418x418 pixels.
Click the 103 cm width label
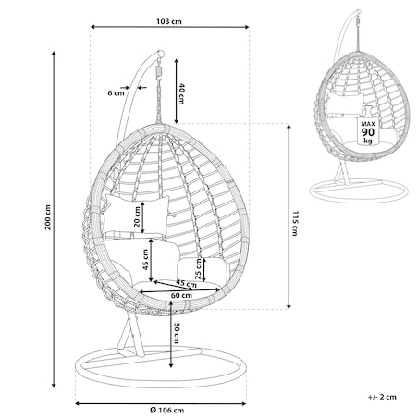169,21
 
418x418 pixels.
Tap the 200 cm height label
48,217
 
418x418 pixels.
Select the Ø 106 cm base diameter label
167,411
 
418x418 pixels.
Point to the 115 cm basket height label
295,224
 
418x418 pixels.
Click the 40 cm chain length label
181,94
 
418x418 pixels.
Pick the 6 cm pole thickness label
116,92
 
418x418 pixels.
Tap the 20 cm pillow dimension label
137,216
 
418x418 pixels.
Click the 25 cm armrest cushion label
199,269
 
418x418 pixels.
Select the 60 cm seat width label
181,295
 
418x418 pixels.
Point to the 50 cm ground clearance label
177,333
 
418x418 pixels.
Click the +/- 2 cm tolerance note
382,397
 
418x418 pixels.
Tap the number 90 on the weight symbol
368,132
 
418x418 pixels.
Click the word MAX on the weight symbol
368,124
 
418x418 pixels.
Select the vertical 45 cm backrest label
146,260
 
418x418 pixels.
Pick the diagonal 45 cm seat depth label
186,283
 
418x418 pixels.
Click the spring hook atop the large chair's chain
159,70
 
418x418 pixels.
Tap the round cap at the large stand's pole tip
160,54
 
